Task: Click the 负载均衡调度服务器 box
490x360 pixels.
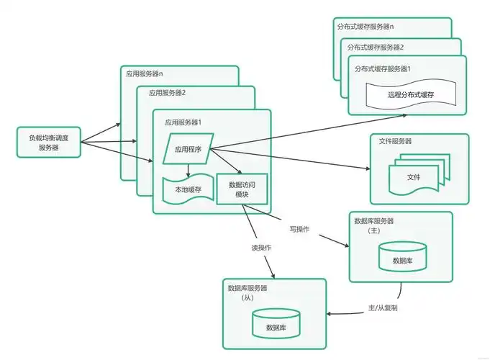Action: pyautogui.click(x=49, y=142)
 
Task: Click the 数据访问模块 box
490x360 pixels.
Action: pyautogui.click(x=241, y=189)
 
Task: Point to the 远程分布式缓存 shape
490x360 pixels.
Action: pyautogui.click(x=410, y=94)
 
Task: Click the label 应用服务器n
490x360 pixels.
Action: pyautogui.click(x=145, y=74)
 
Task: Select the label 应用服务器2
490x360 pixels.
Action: pyautogui.click(x=167, y=93)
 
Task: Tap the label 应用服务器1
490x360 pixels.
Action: pyautogui.click(x=183, y=122)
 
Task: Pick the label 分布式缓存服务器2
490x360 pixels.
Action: pyautogui.click(x=376, y=47)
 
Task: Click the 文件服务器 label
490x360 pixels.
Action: pyautogui.click(x=395, y=141)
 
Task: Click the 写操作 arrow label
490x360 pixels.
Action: pyautogui.click(x=299, y=229)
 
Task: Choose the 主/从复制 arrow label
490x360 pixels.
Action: pyautogui.click(x=383, y=307)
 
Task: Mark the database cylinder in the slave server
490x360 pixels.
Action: pyautogui.click(x=277, y=325)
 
